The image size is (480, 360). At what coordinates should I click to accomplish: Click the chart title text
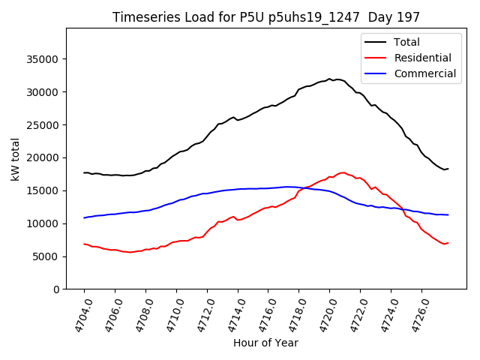[266, 17]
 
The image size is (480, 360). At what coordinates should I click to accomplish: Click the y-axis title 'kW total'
[16, 159]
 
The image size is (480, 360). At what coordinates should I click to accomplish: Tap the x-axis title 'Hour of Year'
[265, 343]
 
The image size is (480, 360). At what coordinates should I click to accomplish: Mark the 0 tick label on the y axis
[56, 289]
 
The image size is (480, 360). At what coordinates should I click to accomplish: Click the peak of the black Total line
[329, 78]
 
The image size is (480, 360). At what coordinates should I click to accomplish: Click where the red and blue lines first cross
[305, 187]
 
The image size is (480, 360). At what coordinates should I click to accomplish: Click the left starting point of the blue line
[84, 217]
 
